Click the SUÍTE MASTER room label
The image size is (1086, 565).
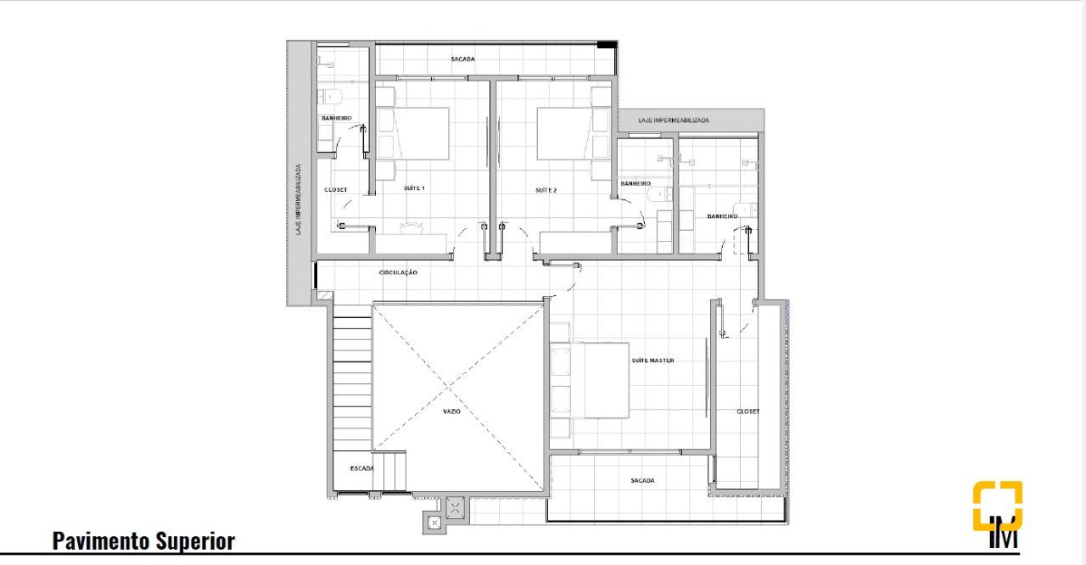click(x=652, y=361)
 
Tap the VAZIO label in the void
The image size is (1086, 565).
click(x=452, y=411)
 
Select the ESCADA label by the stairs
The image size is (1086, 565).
click(x=362, y=468)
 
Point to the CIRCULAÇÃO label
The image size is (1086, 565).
click(x=398, y=273)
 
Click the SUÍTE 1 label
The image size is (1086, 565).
click(x=414, y=188)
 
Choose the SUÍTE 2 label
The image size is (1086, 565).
click(x=546, y=190)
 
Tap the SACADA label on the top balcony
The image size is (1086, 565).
click(x=463, y=59)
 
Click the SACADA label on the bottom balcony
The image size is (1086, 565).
click(x=643, y=481)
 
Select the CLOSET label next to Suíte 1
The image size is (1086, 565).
click(x=335, y=189)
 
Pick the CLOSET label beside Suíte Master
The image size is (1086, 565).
click(x=748, y=411)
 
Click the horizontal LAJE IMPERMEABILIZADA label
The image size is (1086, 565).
click(x=674, y=120)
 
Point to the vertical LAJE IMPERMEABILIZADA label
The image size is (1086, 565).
click(x=299, y=199)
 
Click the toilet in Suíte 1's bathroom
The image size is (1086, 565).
click(x=330, y=96)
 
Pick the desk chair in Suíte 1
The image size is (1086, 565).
click(x=411, y=227)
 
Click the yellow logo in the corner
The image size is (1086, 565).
click(x=998, y=506)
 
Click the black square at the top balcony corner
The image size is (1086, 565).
click(x=607, y=45)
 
